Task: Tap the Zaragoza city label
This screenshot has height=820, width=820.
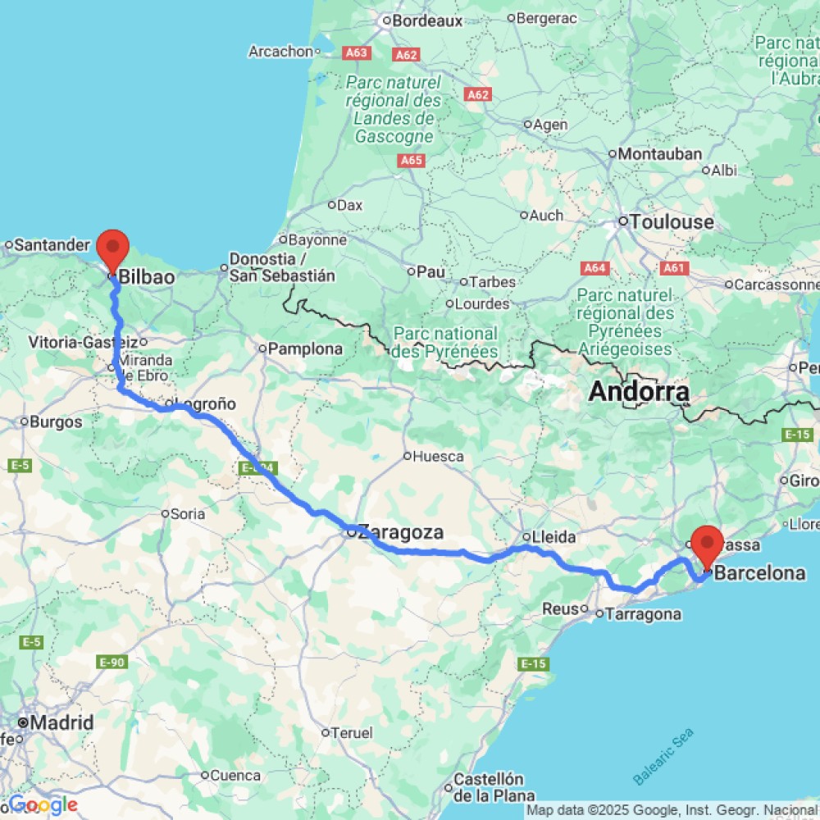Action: tap(402, 531)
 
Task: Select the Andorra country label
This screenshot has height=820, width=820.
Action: tap(639, 392)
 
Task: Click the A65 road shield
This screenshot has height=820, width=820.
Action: tap(412, 161)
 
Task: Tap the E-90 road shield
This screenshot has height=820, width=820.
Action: tap(112, 662)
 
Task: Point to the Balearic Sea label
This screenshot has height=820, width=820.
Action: tap(663, 755)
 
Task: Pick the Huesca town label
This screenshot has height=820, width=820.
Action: tap(440, 456)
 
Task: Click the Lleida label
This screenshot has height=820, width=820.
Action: tap(553, 537)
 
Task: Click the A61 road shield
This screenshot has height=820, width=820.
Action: tap(673, 267)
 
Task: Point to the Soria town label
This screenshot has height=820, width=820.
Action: tap(188, 514)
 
